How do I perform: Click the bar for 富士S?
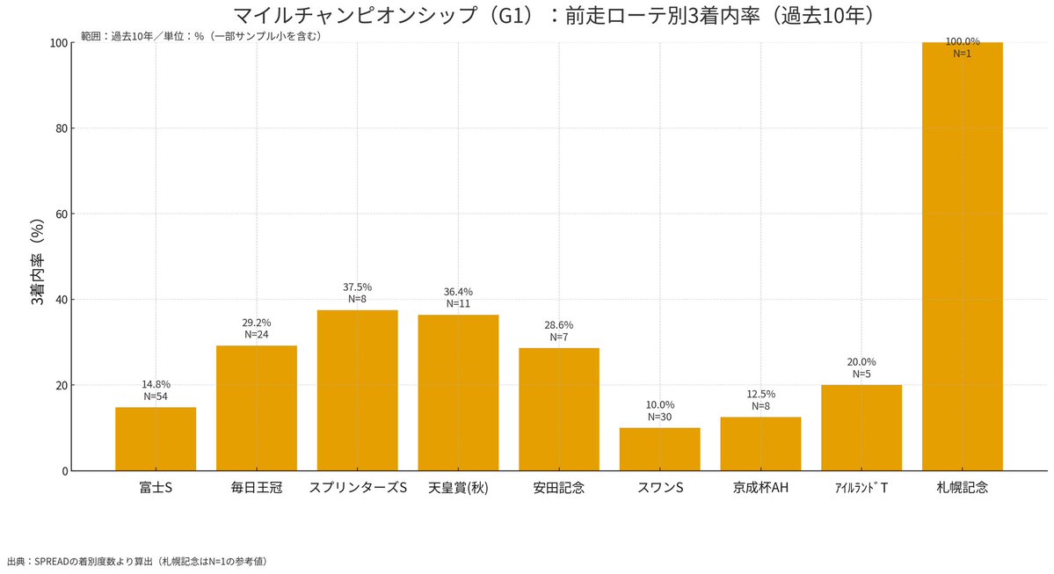point(156,439)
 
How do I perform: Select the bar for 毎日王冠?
point(257,408)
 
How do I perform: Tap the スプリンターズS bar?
point(357,390)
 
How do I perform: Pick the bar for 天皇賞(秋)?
point(458,393)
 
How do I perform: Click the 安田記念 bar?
point(559,410)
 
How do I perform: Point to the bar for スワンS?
point(659,449)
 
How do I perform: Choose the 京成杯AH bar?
point(760,444)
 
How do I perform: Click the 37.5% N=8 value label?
point(357,293)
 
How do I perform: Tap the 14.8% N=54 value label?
point(156,390)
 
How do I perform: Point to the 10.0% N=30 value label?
point(659,411)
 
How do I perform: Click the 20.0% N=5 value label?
point(861,367)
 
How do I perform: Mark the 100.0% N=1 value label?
point(963,47)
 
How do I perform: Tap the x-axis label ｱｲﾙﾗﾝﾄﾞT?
point(861,487)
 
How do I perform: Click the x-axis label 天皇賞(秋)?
point(458,487)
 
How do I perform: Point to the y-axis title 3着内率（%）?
point(37,262)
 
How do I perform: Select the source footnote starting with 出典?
point(137,560)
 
